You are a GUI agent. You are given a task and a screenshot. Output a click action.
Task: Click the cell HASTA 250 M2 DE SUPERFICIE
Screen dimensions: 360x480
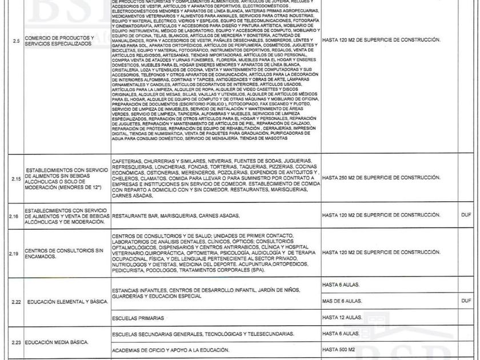[381, 178]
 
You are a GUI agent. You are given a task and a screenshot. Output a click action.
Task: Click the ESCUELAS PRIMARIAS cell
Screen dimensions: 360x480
[138, 318]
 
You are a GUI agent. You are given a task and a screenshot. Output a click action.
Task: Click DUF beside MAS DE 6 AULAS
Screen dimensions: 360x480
[466, 301]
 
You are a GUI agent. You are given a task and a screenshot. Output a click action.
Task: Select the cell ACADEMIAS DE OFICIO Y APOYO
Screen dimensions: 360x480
[171, 350]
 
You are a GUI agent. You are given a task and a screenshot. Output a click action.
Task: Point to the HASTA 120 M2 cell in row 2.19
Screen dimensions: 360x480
[381, 252]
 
